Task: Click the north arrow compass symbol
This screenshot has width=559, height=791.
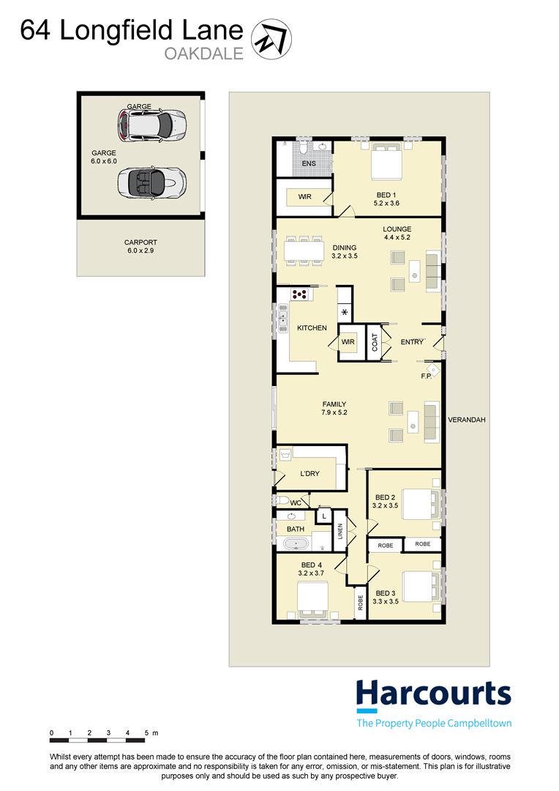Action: (271, 40)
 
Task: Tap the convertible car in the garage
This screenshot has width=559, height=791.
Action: (151, 182)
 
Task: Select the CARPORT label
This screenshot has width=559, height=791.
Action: (140, 242)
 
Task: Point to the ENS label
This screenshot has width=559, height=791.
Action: (309, 163)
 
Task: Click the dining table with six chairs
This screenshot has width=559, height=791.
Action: (304, 250)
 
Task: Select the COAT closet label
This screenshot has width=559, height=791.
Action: (375, 343)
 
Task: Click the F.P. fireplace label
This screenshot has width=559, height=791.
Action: (427, 376)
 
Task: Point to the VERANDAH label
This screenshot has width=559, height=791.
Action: (467, 420)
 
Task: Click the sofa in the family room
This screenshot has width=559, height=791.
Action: (432, 423)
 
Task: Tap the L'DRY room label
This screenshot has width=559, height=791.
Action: (309, 474)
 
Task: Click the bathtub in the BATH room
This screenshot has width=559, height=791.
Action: (296, 544)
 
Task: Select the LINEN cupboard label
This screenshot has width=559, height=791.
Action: (340, 531)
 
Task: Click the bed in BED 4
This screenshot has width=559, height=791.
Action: (313, 599)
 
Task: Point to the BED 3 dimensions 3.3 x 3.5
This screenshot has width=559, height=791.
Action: (386, 601)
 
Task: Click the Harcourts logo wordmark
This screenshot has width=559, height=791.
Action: (433, 693)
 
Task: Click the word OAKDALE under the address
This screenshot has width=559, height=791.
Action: (204, 53)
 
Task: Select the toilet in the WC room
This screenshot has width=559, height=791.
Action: (280, 500)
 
